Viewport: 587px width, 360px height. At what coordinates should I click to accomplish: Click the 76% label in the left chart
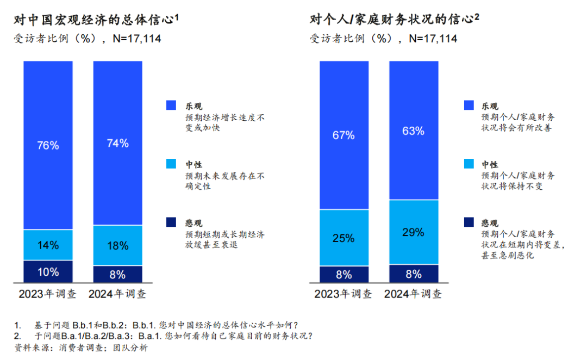click(48, 145)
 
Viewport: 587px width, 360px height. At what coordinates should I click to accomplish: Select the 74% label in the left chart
click(118, 144)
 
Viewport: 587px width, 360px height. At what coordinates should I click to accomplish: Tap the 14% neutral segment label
click(48, 245)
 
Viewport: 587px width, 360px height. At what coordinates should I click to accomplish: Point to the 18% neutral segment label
click(118, 246)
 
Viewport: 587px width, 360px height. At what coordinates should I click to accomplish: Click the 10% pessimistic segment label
click(48, 272)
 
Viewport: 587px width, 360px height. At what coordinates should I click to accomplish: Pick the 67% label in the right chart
click(344, 135)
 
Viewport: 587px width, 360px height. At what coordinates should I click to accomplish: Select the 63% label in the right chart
click(413, 131)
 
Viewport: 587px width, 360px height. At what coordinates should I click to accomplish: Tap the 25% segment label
click(344, 238)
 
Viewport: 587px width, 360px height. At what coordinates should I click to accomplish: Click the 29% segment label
click(413, 232)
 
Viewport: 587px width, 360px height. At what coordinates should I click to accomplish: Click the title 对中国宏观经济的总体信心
click(96, 20)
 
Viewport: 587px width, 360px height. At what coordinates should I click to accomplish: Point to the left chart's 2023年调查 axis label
click(48, 295)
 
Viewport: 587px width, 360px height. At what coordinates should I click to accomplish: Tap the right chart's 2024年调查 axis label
click(413, 295)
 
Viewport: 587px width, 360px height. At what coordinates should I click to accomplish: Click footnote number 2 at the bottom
click(17, 336)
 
